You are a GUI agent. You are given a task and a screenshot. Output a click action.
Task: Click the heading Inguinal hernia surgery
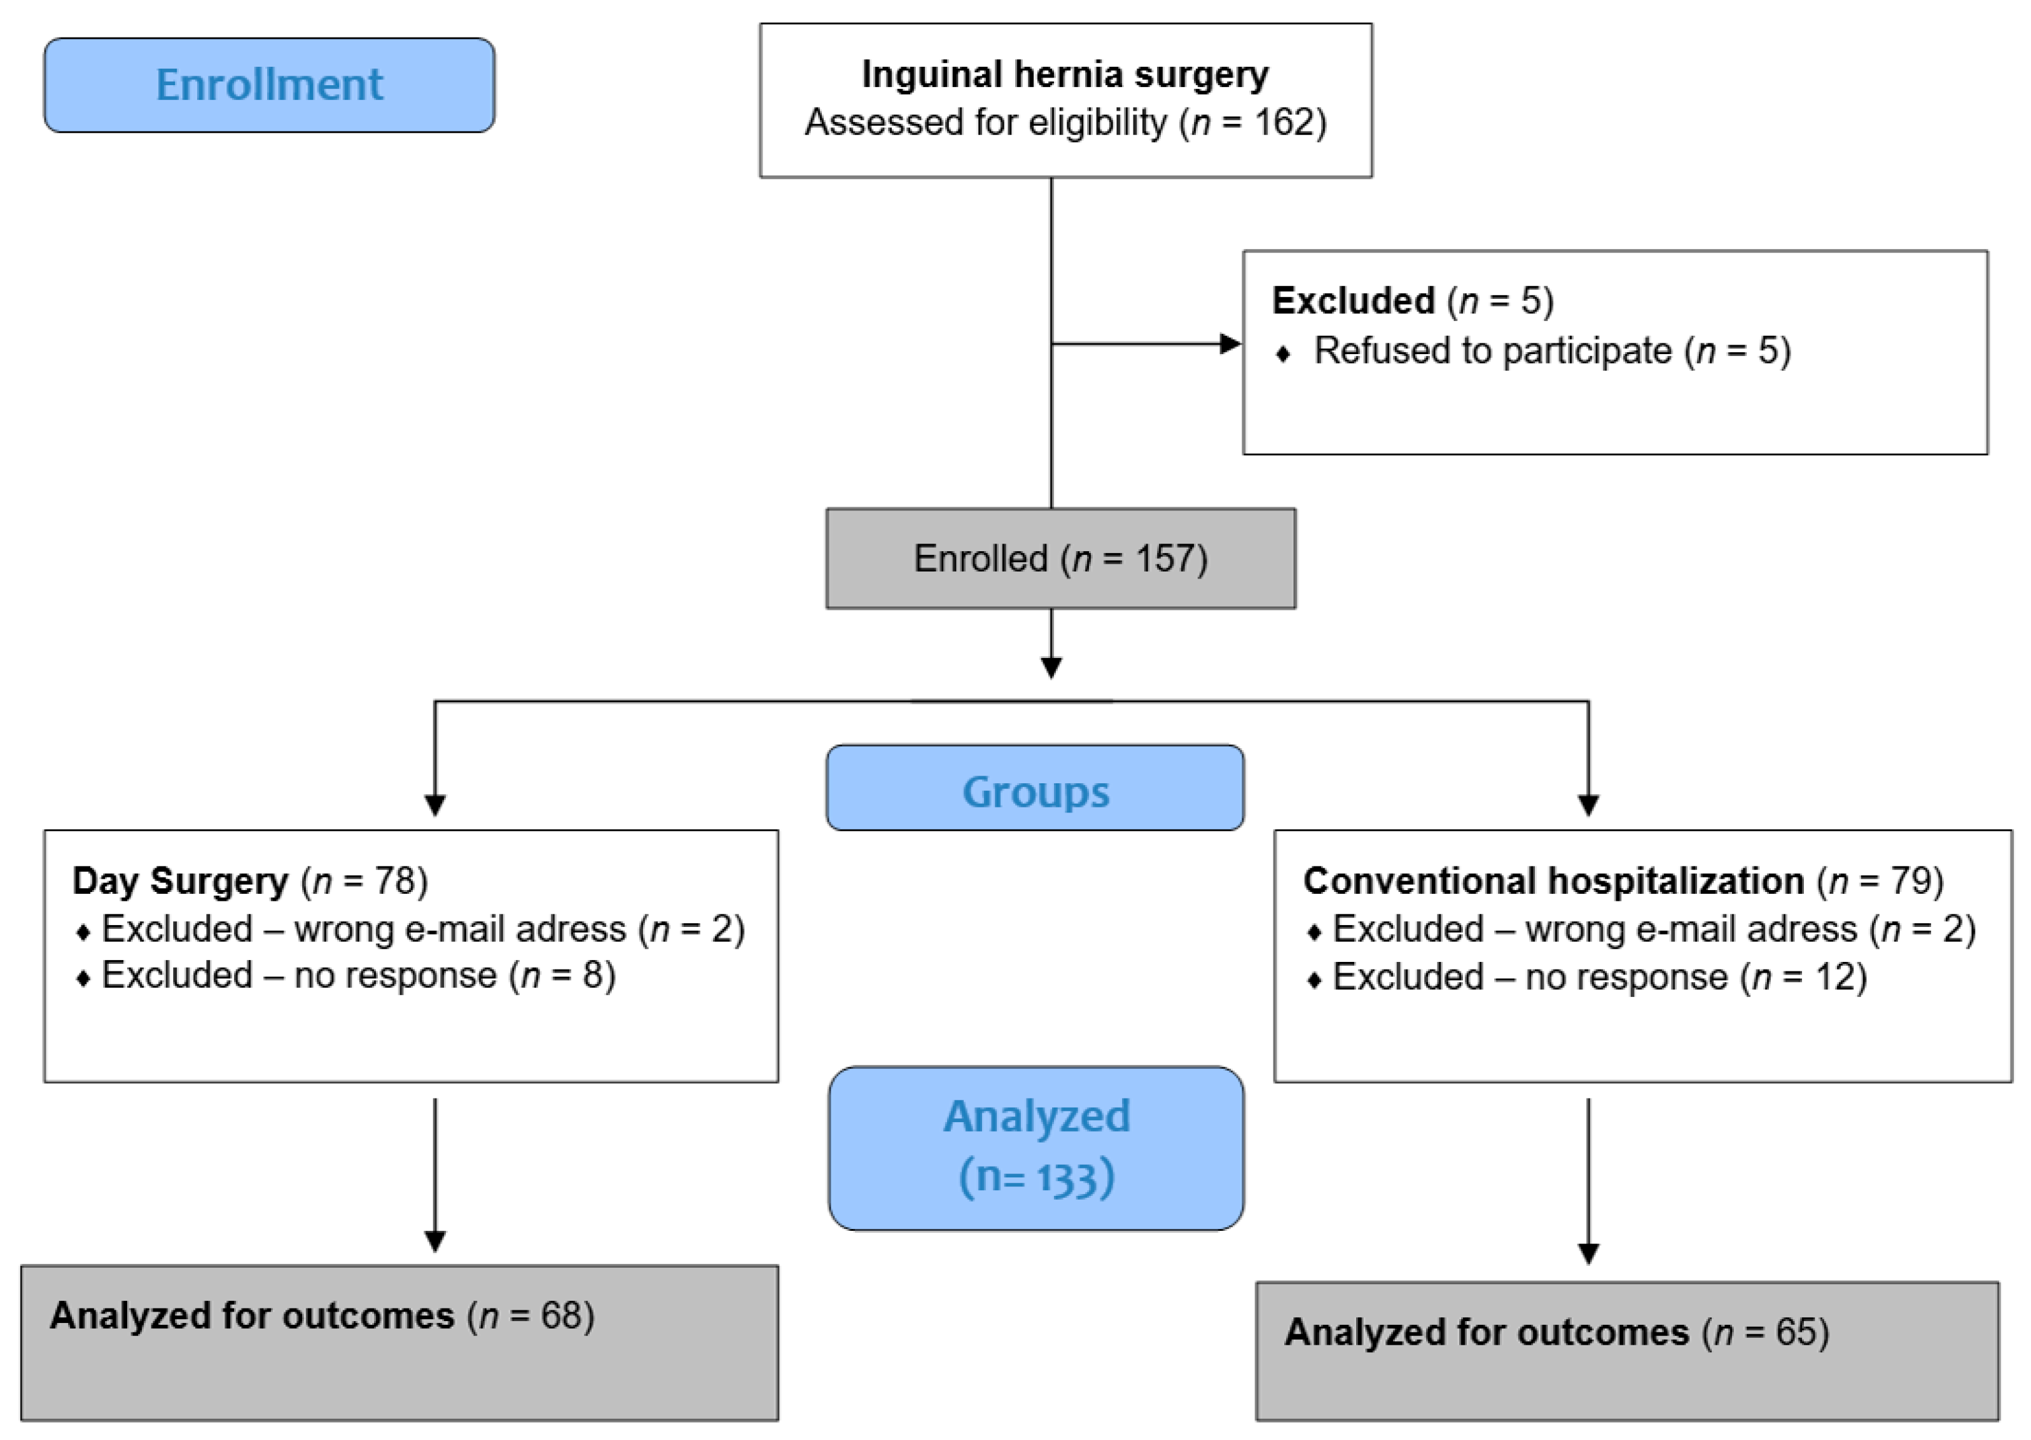pyautogui.click(x=1065, y=74)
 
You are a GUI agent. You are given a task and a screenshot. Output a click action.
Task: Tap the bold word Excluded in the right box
pyautogui.click(x=1352, y=301)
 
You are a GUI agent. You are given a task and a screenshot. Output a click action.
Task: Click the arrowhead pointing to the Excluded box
pyautogui.click(x=1231, y=344)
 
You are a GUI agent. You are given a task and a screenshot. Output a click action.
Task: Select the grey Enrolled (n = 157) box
pyautogui.click(x=1061, y=559)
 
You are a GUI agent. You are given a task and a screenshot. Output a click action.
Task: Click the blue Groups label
pyautogui.click(x=1035, y=790)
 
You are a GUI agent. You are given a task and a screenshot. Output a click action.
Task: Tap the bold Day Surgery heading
pyautogui.click(x=180, y=881)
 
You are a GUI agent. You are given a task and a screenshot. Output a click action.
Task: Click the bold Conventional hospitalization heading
pyautogui.click(x=1553, y=881)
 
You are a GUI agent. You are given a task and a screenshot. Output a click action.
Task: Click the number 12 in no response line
pyautogui.click(x=1833, y=977)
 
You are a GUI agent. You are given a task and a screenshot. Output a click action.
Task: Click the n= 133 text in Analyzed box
pyautogui.click(x=1036, y=1177)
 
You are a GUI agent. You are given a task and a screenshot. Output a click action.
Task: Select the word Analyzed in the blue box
pyautogui.click(x=1036, y=1116)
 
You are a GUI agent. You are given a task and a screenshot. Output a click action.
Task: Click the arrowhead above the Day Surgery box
pyautogui.click(x=434, y=804)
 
